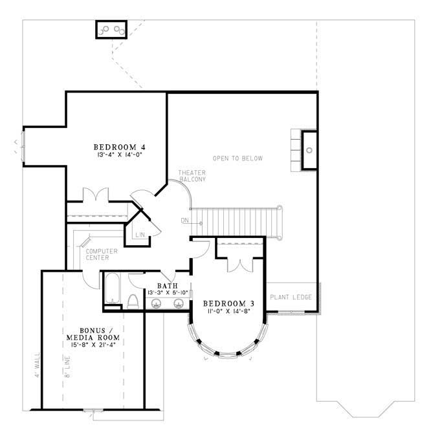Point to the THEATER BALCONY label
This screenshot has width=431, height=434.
point(192,175)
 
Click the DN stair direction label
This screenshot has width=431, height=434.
point(185,221)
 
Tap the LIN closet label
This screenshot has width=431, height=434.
point(140,235)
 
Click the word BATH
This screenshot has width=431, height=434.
point(168,285)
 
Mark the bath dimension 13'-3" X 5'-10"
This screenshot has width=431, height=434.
point(168,292)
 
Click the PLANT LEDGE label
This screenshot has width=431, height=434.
point(291,297)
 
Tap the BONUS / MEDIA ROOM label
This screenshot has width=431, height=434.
point(91,333)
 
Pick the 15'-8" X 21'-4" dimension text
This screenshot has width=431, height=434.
point(91,345)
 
